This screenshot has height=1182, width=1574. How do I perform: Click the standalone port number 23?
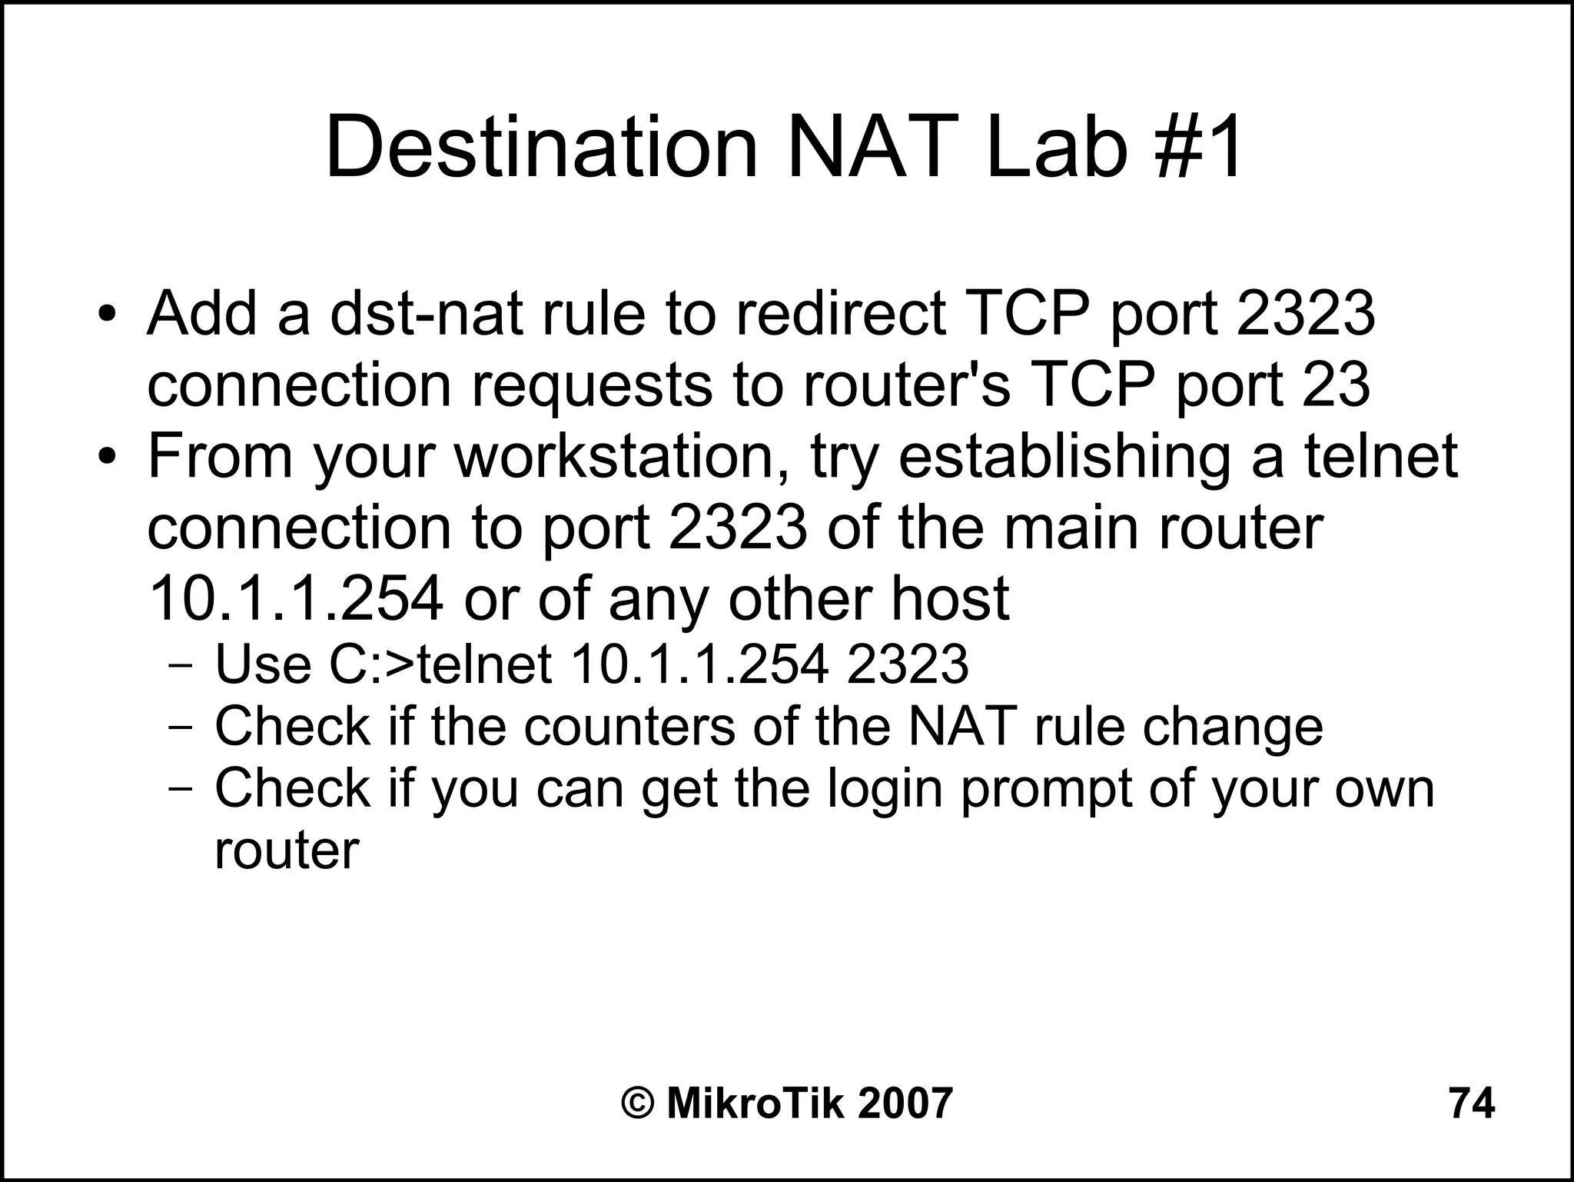tap(1337, 385)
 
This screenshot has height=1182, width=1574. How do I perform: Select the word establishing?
tap(1064, 456)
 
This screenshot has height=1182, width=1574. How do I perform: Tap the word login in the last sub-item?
tap(884, 789)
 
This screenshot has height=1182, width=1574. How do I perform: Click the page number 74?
tap(1472, 1104)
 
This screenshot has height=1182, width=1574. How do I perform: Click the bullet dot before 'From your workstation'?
tap(107, 457)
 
